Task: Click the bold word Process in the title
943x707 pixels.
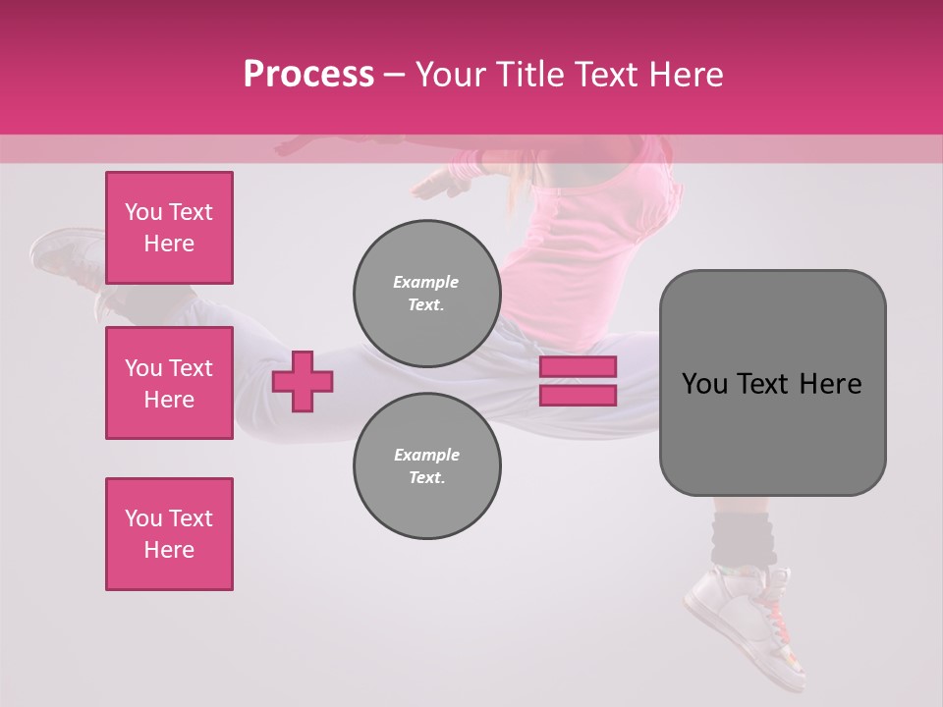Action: point(308,75)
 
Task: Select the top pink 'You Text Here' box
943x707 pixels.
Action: point(169,228)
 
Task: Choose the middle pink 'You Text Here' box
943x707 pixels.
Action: point(169,383)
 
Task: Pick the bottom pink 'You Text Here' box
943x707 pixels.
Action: point(169,534)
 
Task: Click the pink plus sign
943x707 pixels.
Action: point(303,381)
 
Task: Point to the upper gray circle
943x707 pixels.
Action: point(426,294)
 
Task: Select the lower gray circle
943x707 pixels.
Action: point(426,466)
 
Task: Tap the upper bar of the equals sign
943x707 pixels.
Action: point(578,367)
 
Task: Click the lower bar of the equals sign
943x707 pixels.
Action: point(578,396)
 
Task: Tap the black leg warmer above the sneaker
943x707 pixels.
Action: point(743,538)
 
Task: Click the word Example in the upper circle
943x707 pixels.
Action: point(426,282)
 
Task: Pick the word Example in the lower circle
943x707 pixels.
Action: point(426,455)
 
